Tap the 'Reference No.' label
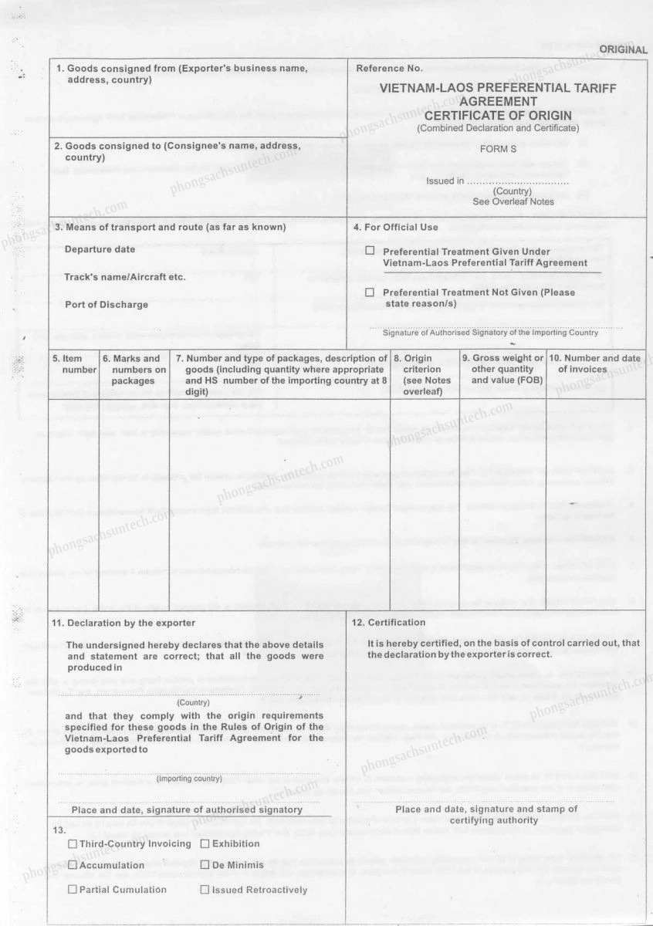click(389, 69)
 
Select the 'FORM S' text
click(498, 148)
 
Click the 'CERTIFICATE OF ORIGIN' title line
click(497, 115)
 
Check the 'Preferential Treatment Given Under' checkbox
click(370, 251)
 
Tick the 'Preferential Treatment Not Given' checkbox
click(370, 292)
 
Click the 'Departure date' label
click(100, 249)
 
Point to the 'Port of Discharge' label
click(106, 304)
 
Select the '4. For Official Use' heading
click(395, 227)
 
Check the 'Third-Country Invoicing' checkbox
click(73, 843)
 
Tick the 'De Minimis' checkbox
click(205, 865)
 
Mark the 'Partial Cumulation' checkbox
click(73, 890)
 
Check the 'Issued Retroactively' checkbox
click(205, 890)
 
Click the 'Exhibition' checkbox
click(205, 843)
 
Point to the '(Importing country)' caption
click(189, 779)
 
